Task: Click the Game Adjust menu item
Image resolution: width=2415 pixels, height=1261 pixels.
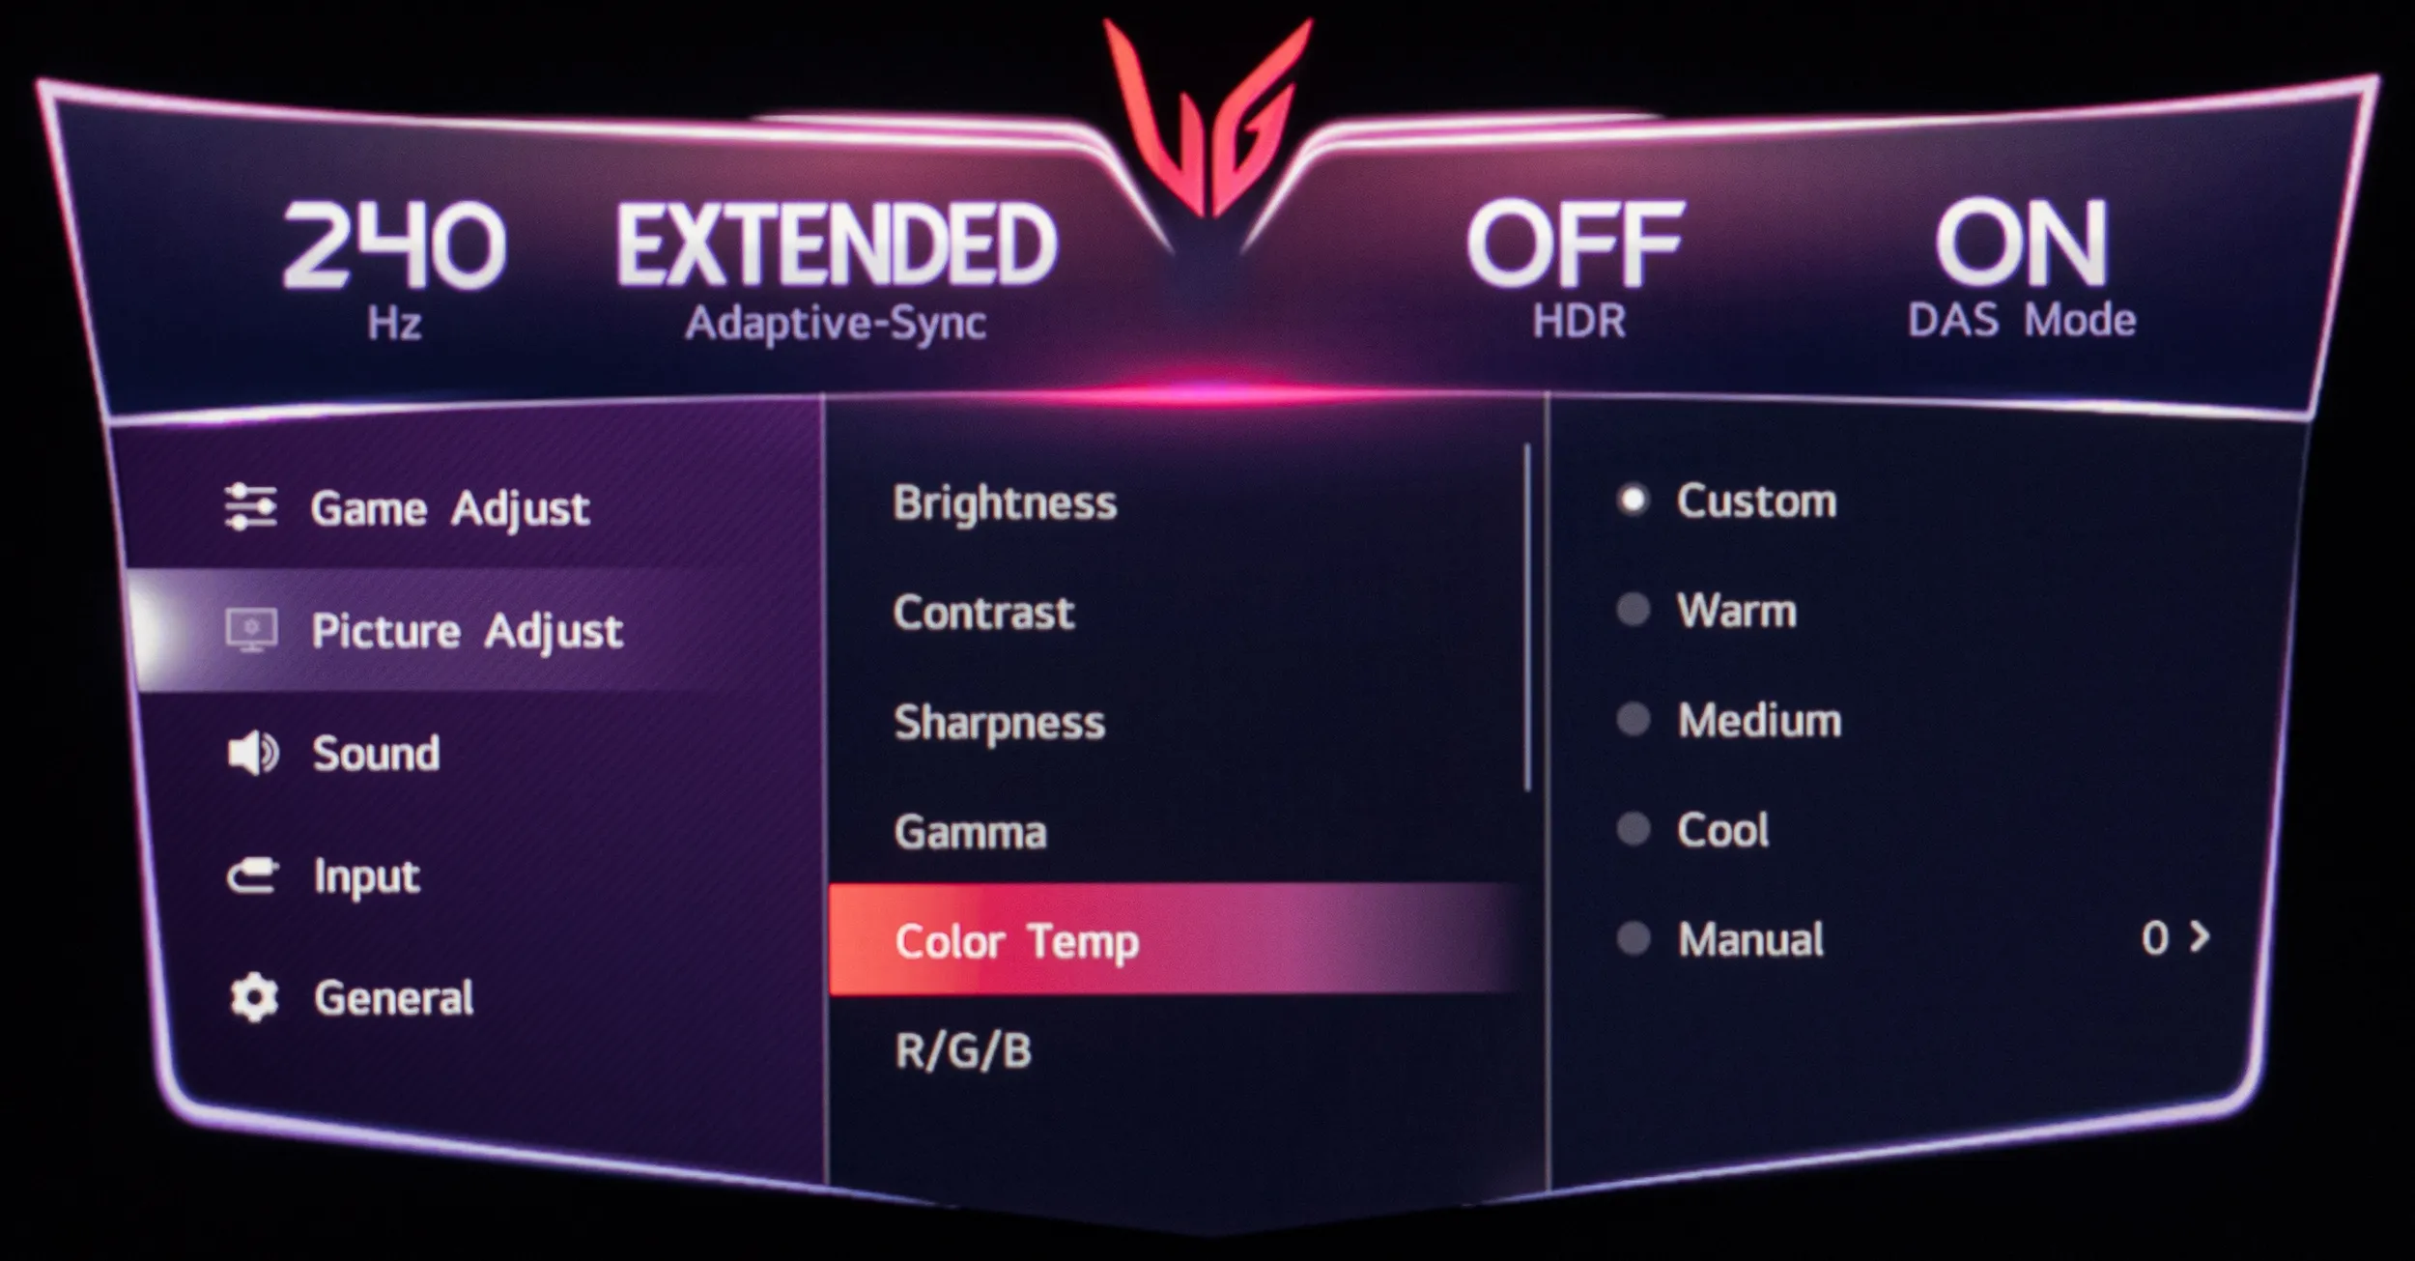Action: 450,508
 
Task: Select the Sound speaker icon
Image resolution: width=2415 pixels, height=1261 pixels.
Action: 253,754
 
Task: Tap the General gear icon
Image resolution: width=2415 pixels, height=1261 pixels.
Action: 254,998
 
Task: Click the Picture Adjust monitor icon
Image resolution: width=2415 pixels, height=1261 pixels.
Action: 252,630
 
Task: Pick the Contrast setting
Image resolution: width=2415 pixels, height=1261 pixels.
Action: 983,613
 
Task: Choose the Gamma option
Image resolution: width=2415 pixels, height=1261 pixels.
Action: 970,832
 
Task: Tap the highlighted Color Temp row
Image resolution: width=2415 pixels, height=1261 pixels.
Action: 1174,939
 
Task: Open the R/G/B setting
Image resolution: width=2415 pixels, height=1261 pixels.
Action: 963,1050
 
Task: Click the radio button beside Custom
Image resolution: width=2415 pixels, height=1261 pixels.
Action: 1633,501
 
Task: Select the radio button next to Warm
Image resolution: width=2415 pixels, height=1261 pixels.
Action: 1633,610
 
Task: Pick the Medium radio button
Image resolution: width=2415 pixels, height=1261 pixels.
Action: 1633,720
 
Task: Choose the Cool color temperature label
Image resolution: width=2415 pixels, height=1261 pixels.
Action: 1722,830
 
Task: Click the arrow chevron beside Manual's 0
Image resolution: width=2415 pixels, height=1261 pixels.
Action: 2200,936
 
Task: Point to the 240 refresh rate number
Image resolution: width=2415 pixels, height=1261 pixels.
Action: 394,245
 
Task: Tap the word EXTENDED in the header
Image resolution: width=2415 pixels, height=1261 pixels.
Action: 837,244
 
